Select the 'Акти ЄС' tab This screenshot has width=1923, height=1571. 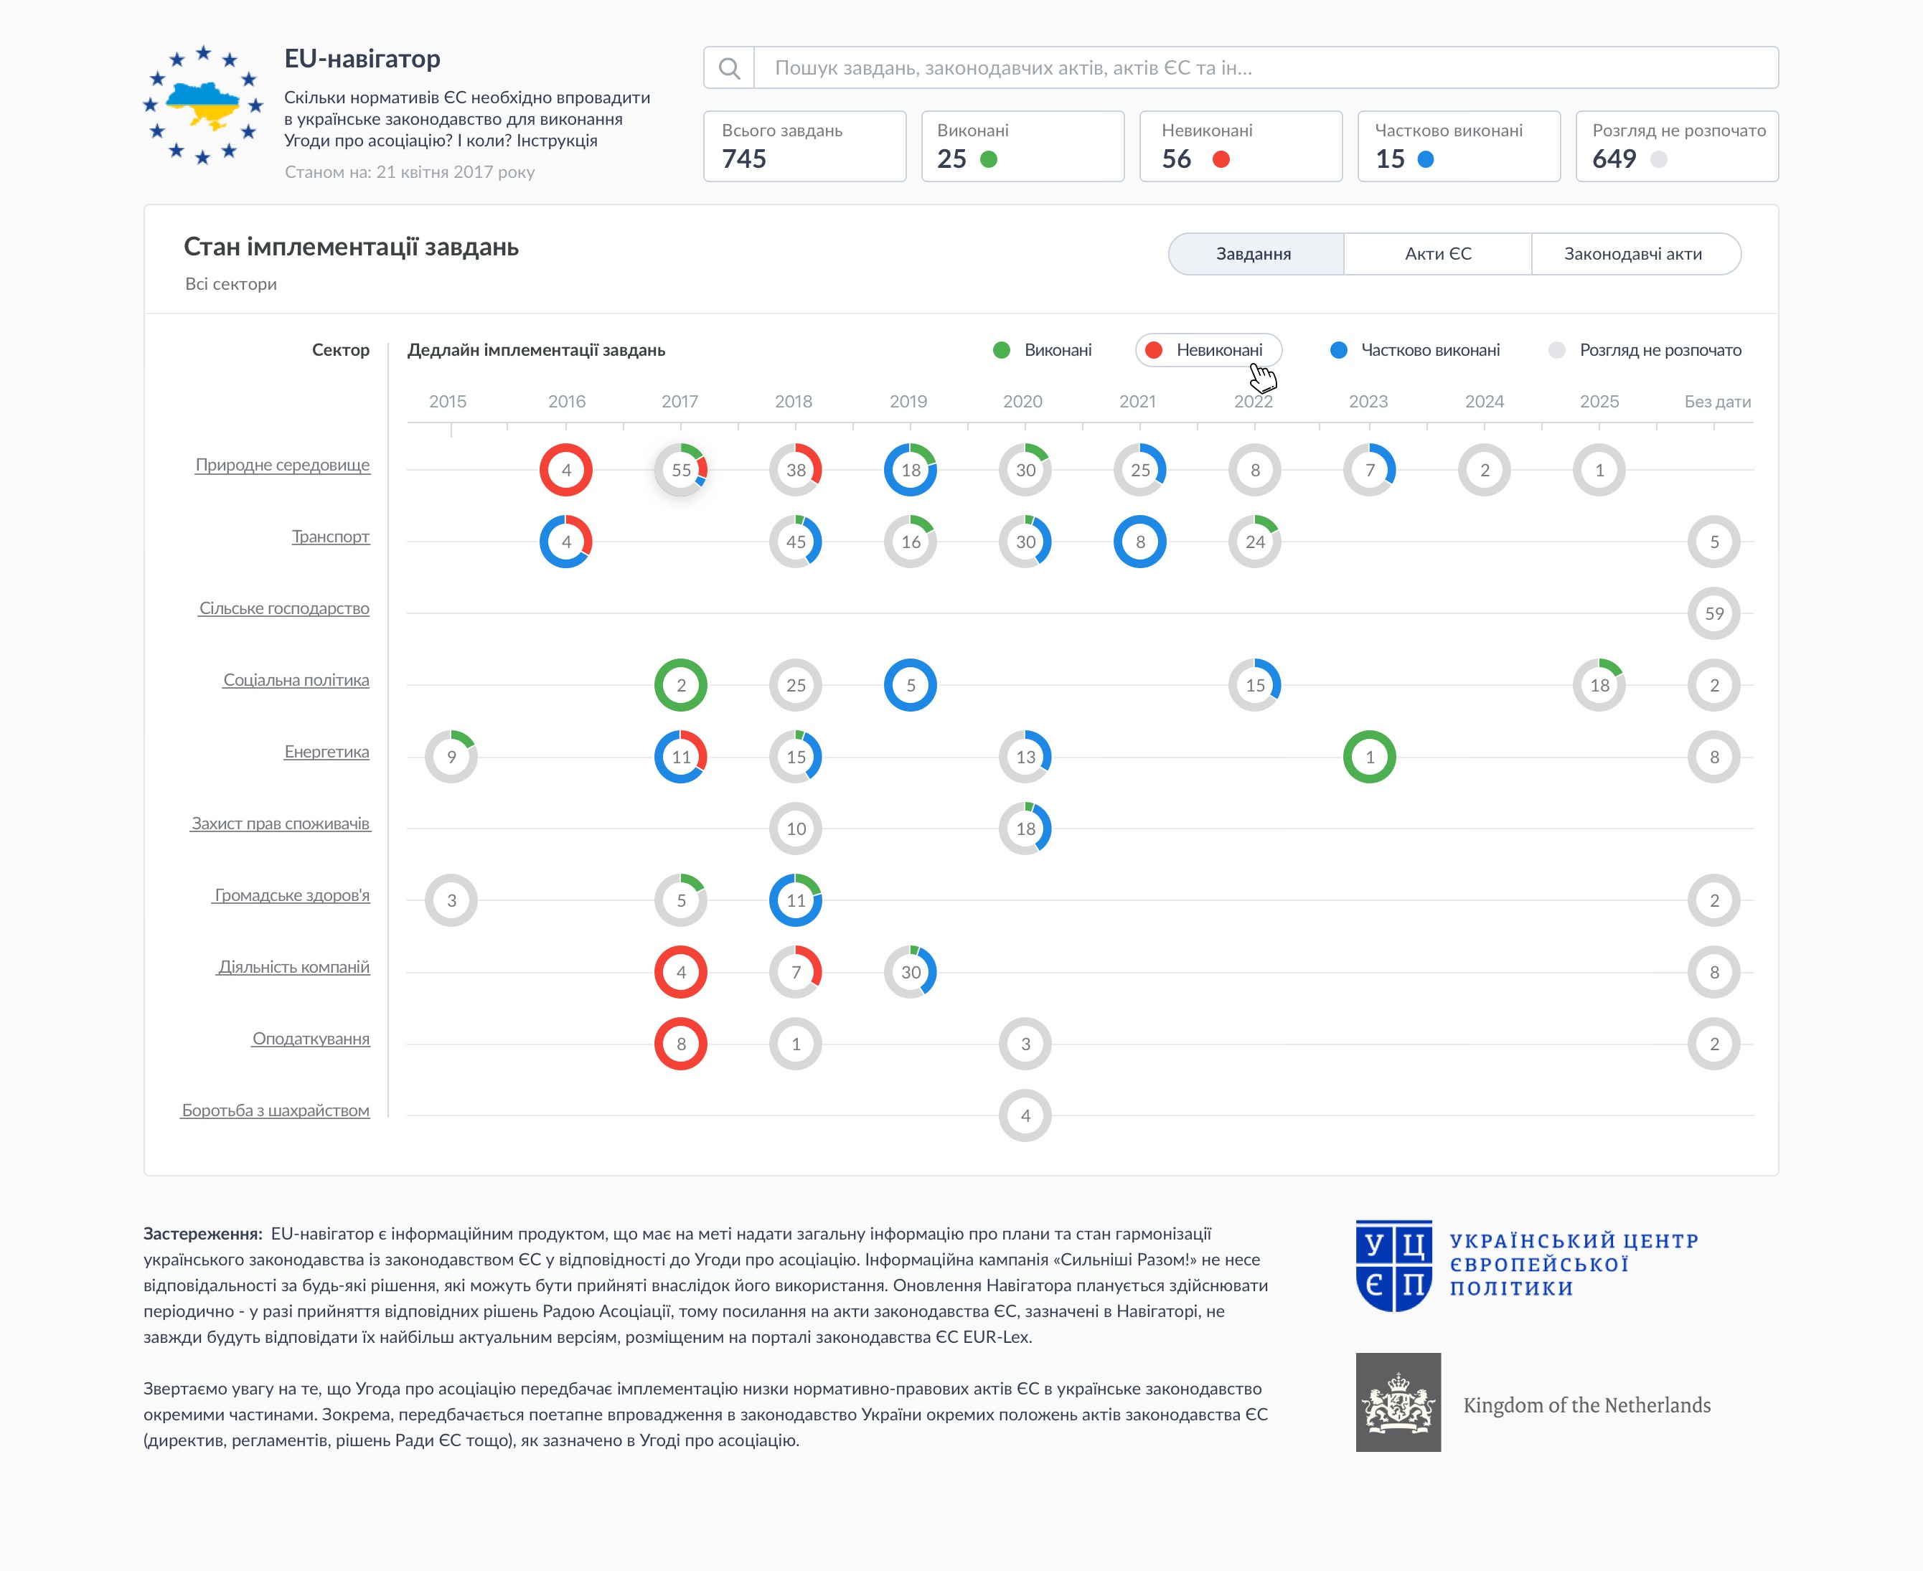(1437, 254)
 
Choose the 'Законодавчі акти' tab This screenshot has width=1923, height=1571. (1632, 254)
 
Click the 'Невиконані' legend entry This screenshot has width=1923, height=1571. (1208, 350)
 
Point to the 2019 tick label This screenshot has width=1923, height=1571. (908, 402)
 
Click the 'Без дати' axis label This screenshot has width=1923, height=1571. (1716, 402)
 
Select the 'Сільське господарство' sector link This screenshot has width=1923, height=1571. (284, 608)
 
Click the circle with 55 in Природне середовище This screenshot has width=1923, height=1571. (680, 470)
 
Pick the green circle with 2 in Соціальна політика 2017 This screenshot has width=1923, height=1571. (680, 685)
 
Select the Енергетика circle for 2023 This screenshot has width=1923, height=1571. (1369, 757)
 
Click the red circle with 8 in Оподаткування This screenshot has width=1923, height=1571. (680, 1044)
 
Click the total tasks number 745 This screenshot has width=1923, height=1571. (744, 159)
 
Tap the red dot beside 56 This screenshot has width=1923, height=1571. (1221, 159)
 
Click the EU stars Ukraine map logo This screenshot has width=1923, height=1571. (204, 105)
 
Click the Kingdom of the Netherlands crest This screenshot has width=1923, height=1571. (1397, 1402)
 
